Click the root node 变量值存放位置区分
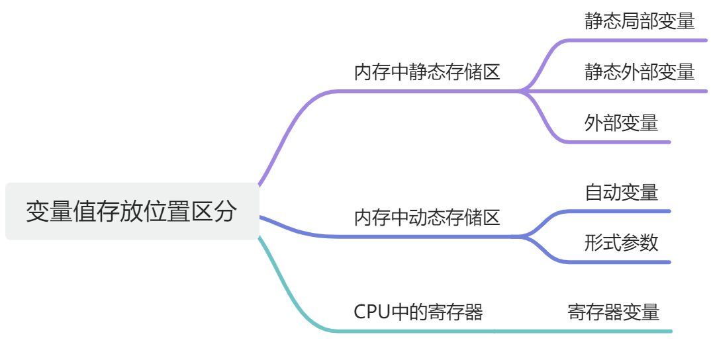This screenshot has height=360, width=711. coord(131,211)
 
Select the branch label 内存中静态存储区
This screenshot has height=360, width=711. coord(427,72)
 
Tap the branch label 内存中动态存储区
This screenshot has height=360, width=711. coord(427,217)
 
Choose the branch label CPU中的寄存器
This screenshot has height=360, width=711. coord(418,312)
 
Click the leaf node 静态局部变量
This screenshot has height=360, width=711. coord(639,21)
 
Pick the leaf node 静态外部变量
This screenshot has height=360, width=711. coord(639,71)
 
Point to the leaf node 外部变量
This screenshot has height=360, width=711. coord(621,122)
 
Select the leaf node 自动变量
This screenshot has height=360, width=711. coord(621,192)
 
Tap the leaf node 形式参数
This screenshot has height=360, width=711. coord(621,242)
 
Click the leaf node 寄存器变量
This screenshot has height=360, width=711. coord(613,312)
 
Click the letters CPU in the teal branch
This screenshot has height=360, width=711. coord(372,312)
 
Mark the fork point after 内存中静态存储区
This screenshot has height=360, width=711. coord(520,91)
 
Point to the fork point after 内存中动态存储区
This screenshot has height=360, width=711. coord(520,236)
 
